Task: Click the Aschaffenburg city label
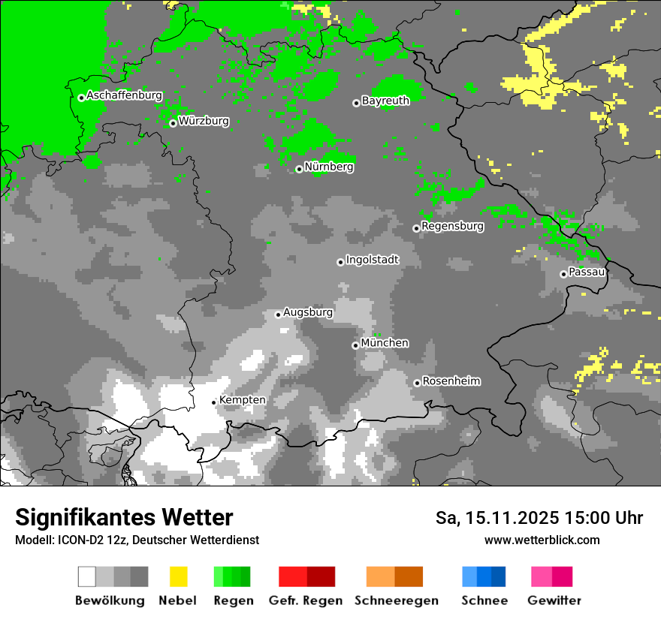click(x=124, y=95)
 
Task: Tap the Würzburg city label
click(x=204, y=121)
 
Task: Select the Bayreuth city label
click(x=385, y=101)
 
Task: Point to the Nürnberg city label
click(x=329, y=167)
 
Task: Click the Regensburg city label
click(x=452, y=226)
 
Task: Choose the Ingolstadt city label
click(x=372, y=260)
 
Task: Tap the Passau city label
click(x=587, y=272)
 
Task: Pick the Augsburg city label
click(x=308, y=312)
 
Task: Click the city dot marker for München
click(x=355, y=345)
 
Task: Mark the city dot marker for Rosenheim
click(x=417, y=383)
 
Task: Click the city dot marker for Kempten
click(x=214, y=402)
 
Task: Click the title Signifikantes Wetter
click(x=124, y=517)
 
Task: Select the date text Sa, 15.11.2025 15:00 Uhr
click(x=539, y=518)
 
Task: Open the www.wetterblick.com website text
click(x=542, y=540)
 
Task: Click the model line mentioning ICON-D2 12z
click(x=137, y=540)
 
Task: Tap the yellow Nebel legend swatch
click(x=178, y=576)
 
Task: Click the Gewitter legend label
click(x=554, y=600)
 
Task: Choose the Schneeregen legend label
click(x=396, y=600)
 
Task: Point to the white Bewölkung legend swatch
click(x=87, y=576)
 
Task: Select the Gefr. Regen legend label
click(x=306, y=600)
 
